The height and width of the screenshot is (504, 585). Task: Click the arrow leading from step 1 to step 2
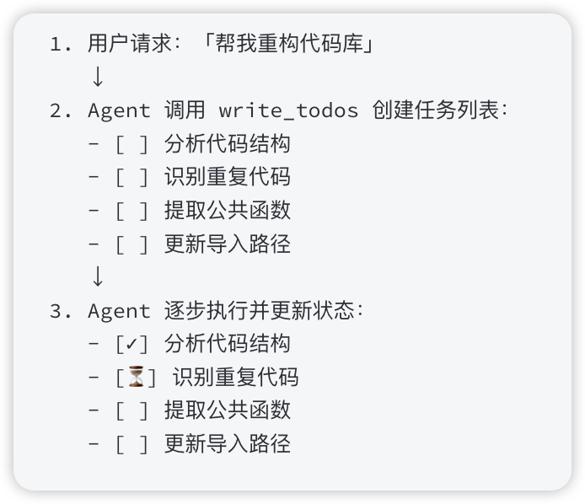[97, 78]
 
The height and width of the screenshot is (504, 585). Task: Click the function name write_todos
[288, 110]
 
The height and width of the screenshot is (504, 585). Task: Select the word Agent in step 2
[119, 110]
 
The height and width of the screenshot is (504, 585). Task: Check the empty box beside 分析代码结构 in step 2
[131, 144]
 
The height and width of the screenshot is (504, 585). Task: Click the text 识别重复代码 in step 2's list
[228, 177]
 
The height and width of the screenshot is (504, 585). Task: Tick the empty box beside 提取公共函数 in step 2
[131, 211]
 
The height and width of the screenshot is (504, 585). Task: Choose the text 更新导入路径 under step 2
[228, 244]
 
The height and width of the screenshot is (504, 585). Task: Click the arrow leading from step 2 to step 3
[97, 276]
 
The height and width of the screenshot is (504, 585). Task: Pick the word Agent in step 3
[119, 310]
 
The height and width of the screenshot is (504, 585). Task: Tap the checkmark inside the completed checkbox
[131, 344]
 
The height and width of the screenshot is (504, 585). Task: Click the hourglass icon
[135, 377]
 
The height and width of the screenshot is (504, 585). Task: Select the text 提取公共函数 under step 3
[228, 410]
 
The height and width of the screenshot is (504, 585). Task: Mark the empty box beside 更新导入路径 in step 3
[131, 443]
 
